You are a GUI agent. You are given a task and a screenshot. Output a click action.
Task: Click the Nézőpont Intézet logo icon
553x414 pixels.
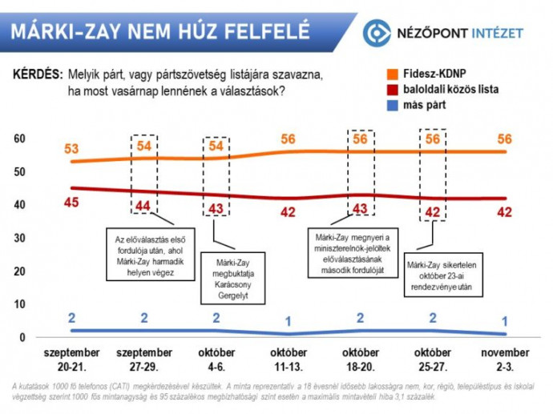[x=375, y=33]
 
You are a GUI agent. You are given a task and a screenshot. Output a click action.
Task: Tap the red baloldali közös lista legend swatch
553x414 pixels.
[x=385, y=90]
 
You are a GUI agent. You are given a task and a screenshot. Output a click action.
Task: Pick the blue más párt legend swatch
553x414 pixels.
[x=385, y=105]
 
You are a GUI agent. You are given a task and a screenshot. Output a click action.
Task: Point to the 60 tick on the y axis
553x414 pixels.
[x=20, y=139]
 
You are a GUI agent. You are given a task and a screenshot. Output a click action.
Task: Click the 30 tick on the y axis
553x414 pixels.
[x=20, y=238]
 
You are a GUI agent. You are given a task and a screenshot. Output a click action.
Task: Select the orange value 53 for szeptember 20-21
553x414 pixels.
[x=72, y=149]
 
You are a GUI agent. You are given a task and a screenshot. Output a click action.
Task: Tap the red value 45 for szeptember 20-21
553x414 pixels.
[x=72, y=203]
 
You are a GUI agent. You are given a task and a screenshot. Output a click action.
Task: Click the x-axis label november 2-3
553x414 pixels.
[x=504, y=359]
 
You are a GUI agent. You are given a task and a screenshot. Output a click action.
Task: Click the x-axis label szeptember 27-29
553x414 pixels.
[x=145, y=359]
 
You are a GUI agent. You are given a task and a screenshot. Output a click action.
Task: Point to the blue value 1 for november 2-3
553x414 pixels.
[x=504, y=321]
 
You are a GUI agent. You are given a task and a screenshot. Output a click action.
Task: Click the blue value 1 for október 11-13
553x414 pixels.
[x=289, y=321]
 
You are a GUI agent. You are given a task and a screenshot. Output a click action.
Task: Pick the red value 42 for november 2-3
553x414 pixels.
[x=504, y=212]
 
